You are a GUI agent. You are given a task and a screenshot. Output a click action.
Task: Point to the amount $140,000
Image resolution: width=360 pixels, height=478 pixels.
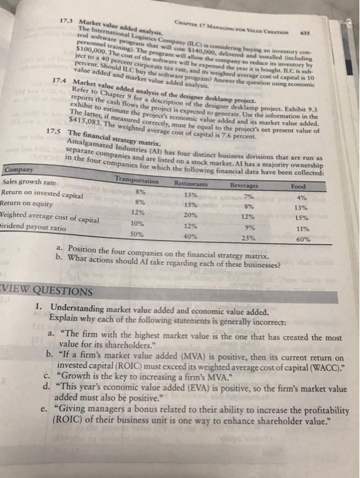coord(208,47)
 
